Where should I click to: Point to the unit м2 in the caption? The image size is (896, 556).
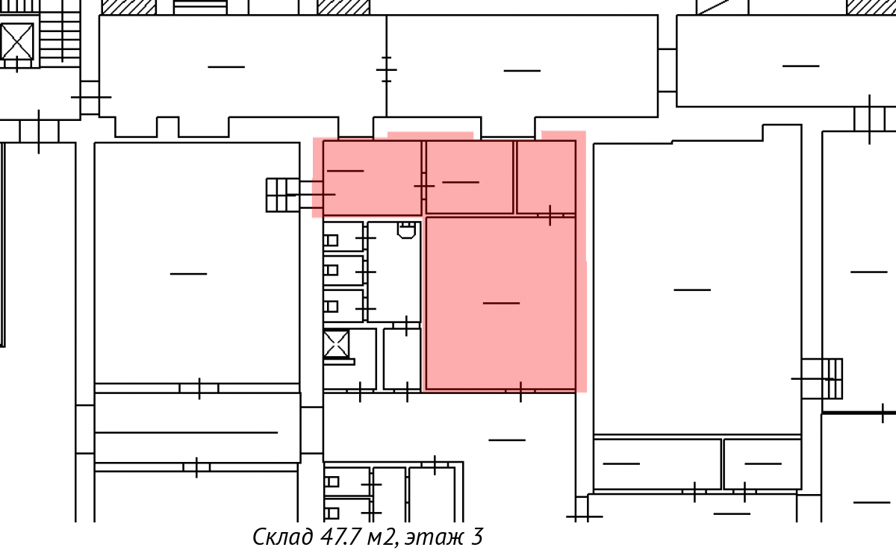[x=382, y=537]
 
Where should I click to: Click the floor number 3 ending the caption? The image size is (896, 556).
[x=477, y=537]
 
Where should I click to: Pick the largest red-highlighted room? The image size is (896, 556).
[x=501, y=304]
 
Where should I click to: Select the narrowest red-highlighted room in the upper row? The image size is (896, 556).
[x=546, y=177]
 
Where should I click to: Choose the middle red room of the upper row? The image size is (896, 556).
[x=470, y=177]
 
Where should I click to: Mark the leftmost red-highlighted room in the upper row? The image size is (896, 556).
[x=372, y=178]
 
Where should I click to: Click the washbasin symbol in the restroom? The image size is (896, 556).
[x=406, y=230]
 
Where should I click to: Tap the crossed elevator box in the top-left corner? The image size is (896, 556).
[x=16, y=41]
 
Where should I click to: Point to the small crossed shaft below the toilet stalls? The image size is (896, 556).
[x=336, y=344]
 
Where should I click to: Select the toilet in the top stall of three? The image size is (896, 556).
[x=331, y=240]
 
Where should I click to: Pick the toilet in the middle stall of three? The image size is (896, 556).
[x=331, y=270]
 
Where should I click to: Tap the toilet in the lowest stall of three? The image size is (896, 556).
[x=331, y=307]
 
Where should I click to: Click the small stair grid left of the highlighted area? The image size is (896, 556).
[x=282, y=195]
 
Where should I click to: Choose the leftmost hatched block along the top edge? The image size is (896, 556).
[x=128, y=7]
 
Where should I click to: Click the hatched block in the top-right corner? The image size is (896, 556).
[x=871, y=7]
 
